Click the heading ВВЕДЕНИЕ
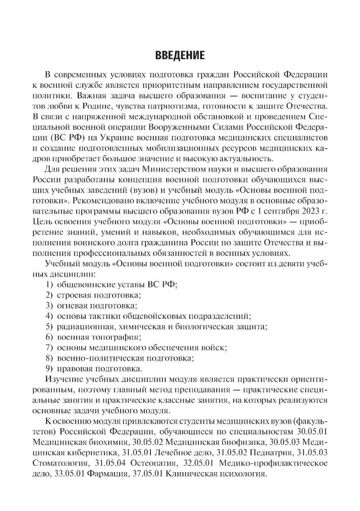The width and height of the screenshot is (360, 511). click(x=179, y=55)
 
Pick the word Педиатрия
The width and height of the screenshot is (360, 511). click(x=282, y=451)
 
